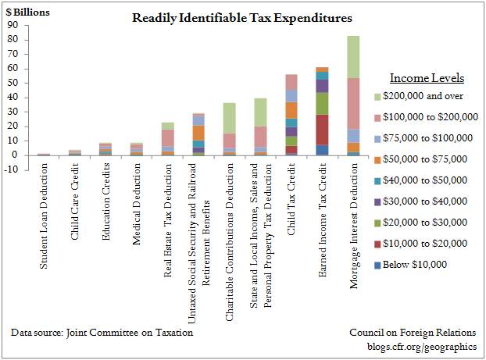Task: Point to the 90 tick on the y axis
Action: [13, 24]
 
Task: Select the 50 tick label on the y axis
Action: [13, 82]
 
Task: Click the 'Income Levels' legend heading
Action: [427, 79]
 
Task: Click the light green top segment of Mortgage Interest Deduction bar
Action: [353, 56]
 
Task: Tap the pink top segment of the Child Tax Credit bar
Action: [291, 82]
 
